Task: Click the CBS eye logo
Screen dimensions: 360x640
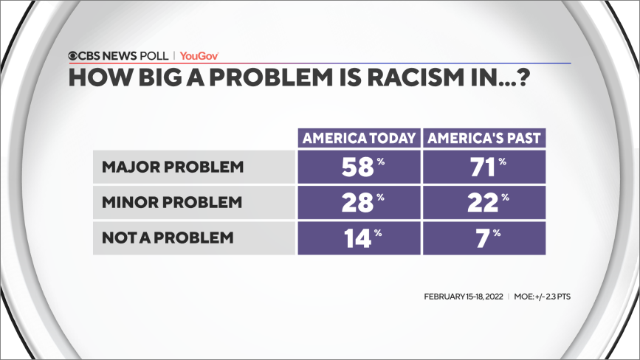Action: tap(74, 55)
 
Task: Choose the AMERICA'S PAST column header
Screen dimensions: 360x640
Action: tap(484, 139)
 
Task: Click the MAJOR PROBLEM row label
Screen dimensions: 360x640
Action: tap(173, 167)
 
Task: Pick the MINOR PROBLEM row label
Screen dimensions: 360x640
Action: tap(173, 202)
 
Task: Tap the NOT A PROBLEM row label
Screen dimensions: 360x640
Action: tap(168, 238)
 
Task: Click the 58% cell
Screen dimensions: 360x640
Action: tap(358, 167)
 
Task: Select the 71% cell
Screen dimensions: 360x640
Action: tap(484, 167)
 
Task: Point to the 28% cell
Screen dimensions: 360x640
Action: tap(358, 202)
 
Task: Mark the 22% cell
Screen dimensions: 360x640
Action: tap(484, 202)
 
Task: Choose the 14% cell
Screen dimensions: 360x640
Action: tap(358, 238)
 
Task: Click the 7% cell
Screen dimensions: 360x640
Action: tap(484, 238)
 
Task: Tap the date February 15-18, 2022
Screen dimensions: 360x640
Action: tap(464, 297)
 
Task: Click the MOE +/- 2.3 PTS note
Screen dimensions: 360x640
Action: tap(543, 297)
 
